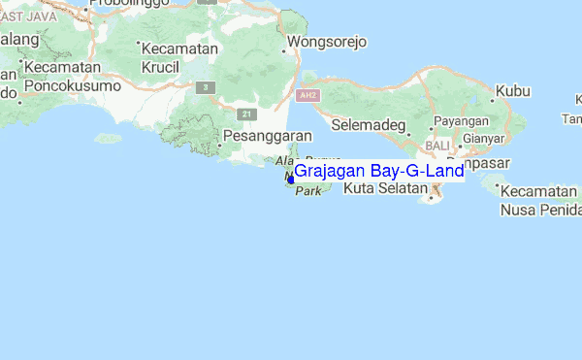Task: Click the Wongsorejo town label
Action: coord(326,44)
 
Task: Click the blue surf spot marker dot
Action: coord(290,179)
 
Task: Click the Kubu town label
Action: coord(513,92)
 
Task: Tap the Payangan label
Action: coord(461,120)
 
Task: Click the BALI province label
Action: coord(436,145)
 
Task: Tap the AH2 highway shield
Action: coord(308,96)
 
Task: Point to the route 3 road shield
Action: coord(205,87)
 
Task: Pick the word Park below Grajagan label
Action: coord(307,192)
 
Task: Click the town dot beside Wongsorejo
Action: coord(283,44)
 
